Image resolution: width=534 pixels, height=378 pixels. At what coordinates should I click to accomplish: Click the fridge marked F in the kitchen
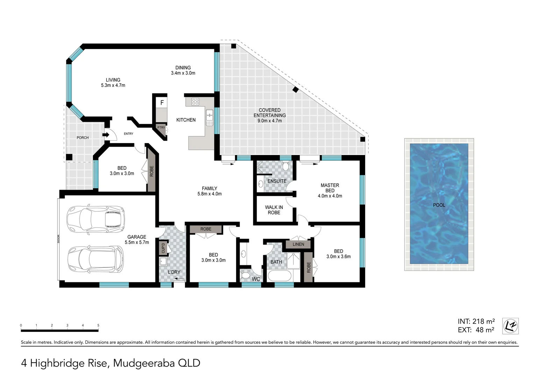pyautogui.click(x=162, y=103)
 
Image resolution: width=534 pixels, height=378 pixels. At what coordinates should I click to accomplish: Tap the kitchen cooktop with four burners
pyautogui.click(x=195, y=102)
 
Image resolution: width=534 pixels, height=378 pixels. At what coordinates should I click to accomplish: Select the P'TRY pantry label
pyautogui.click(x=161, y=128)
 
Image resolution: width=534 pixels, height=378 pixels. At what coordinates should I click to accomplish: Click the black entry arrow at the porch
pyautogui.click(x=106, y=134)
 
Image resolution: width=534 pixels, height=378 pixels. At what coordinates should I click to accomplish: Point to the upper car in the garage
pyautogui.click(x=95, y=219)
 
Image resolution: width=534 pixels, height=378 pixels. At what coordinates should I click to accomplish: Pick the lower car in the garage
pyautogui.click(x=95, y=259)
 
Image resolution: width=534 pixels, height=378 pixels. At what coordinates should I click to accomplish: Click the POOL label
pyautogui.click(x=439, y=205)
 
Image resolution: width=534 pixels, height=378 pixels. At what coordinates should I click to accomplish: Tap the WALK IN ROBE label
pyautogui.click(x=274, y=210)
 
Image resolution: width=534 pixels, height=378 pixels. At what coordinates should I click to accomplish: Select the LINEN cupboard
pyautogui.click(x=298, y=244)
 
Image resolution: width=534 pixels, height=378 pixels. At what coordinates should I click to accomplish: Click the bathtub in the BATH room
pyautogui.click(x=279, y=276)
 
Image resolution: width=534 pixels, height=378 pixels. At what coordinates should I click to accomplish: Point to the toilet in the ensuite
pyautogui.click(x=285, y=166)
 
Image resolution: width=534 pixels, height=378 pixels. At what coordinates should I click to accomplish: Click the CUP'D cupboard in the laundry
pyautogui.click(x=163, y=248)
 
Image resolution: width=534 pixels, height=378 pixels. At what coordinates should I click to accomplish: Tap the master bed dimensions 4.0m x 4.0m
pyautogui.click(x=330, y=196)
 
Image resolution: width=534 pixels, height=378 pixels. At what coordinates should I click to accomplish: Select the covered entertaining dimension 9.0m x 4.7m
pyautogui.click(x=270, y=121)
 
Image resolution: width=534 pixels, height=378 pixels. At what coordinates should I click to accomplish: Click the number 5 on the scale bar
pyautogui.click(x=98, y=325)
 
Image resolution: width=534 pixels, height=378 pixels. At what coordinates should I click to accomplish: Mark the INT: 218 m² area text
pyautogui.click(x=476, y=321)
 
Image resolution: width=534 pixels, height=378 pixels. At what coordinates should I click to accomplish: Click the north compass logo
pyautogui.click(x=510, y=326)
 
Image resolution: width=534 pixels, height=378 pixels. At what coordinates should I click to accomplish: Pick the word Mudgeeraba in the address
pyautogui.click(x=144, y=363)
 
